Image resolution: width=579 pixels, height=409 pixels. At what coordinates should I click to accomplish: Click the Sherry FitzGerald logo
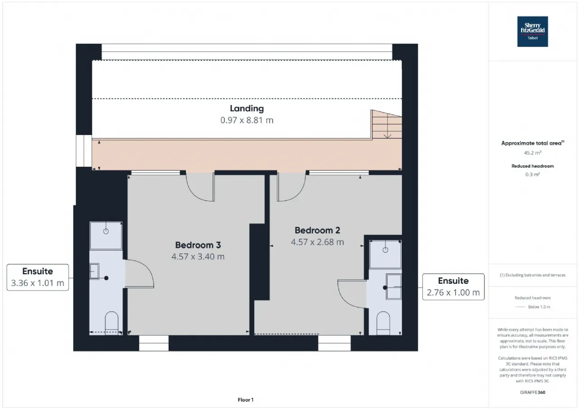click(x=532, y=32)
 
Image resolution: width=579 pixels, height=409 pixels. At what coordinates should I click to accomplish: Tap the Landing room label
click(x=247, y=108)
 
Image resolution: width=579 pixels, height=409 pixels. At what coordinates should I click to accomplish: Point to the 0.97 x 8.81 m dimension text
click(x=247, y=120)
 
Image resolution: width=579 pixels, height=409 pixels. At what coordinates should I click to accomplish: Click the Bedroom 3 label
click(x=198, y=245)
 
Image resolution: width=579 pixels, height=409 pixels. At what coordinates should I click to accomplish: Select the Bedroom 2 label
click(x=318, y=230)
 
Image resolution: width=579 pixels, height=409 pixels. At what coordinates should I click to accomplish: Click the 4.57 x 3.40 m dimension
click(x=198, y=256)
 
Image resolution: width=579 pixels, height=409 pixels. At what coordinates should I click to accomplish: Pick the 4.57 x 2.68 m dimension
click(x=318, y=242)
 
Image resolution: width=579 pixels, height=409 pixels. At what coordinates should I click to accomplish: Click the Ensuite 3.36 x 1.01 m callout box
click(x=38, y=277)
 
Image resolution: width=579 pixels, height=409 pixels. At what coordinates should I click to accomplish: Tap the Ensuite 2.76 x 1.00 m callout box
click(x=453, y=287)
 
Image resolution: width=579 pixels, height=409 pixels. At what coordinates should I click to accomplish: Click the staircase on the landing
click(x=386, y=125)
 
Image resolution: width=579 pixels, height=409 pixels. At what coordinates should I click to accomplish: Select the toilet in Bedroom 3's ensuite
click(x=112, y=323)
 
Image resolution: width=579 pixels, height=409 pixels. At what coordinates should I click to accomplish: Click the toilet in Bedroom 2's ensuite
click(x=383, y=323)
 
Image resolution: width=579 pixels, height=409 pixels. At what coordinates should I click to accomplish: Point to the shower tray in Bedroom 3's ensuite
click(x=106, y=235)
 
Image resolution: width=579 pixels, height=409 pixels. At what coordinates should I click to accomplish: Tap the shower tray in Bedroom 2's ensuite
click(x=385, y=254)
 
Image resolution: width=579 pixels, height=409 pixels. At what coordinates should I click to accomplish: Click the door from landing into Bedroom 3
click(x=200, y=187)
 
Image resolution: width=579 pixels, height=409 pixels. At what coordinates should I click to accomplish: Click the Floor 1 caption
click(x=246, y=400)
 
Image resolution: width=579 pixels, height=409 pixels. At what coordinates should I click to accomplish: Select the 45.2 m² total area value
click(x=532, y=153)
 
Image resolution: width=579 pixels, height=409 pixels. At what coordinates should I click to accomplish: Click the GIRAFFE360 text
click(x=532, y=392)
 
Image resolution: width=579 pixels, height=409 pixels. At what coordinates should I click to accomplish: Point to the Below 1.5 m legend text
click(x=539, y=307)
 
